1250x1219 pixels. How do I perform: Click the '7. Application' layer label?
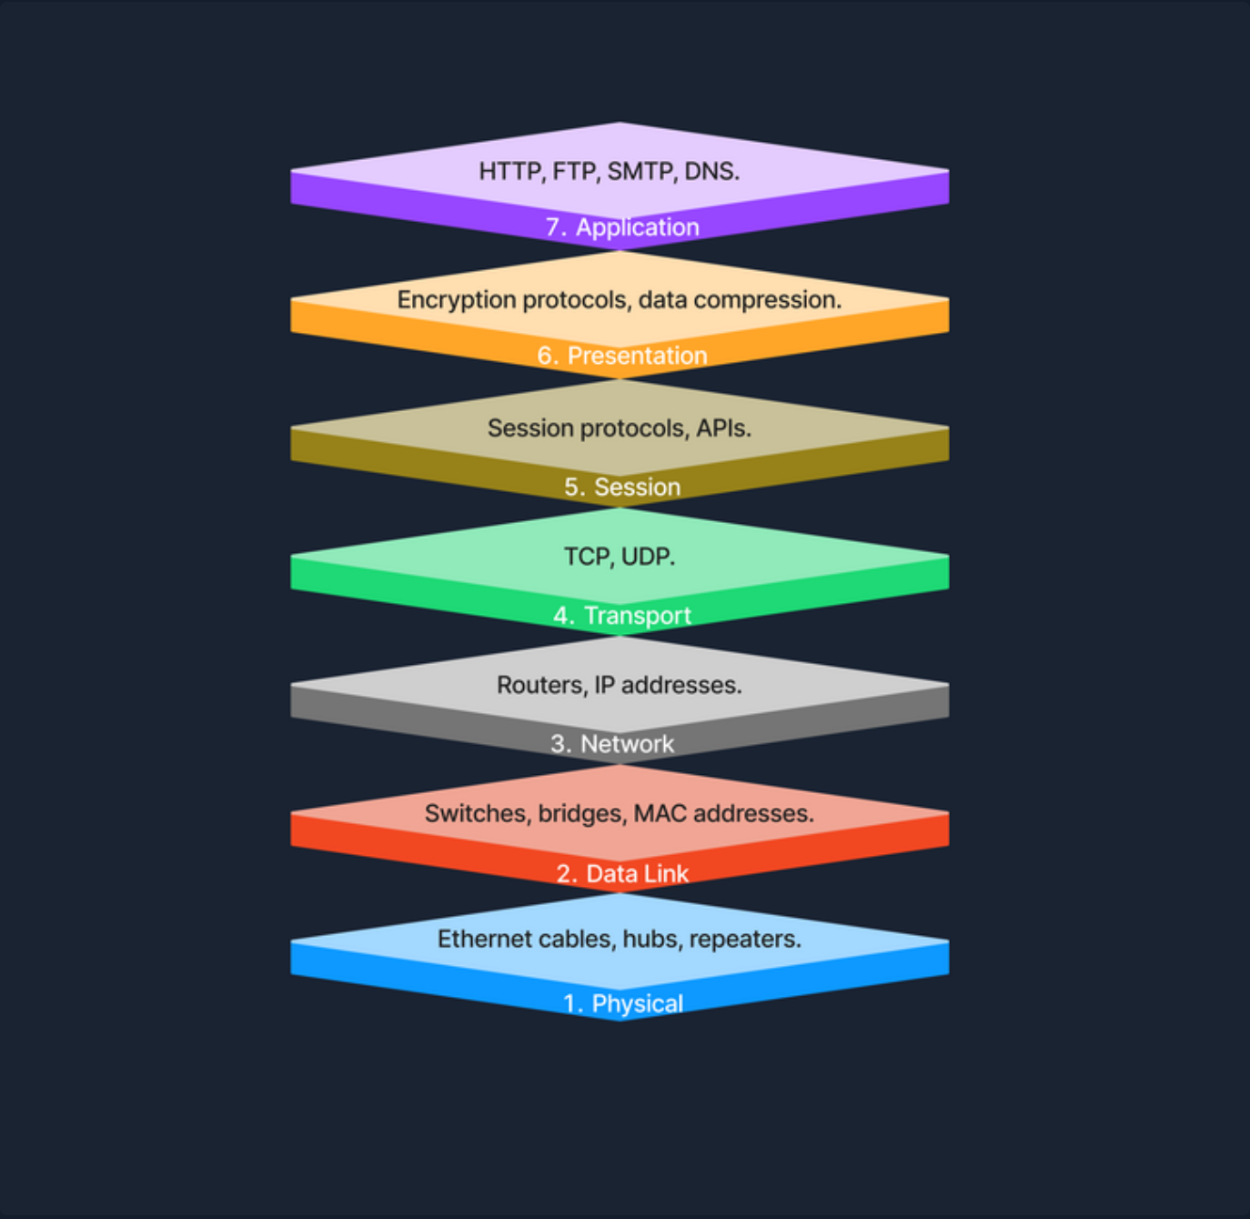point(623,228)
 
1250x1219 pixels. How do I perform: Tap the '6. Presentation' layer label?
point(623,356)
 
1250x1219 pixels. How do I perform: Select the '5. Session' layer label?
point(623,487)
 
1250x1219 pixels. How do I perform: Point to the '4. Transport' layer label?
point(623,616)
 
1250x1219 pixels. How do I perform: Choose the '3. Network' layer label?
point(613,744)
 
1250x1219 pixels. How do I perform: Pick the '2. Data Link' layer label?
point(623,874)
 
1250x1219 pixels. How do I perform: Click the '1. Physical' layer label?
point(624,1004)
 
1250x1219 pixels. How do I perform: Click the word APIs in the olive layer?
point(723,429)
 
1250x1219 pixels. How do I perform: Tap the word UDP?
point(648,557)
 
